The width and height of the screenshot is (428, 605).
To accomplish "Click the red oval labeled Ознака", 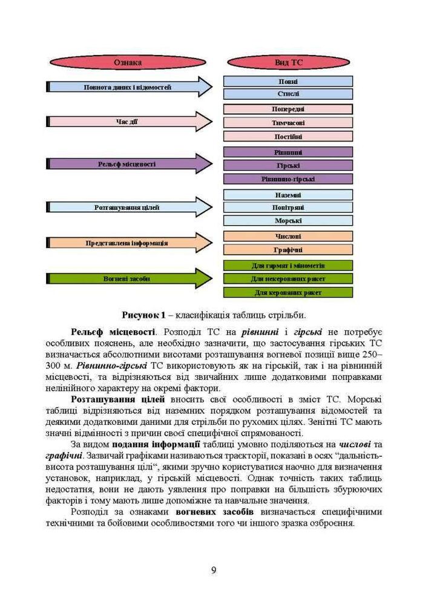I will click(x=128, y=62).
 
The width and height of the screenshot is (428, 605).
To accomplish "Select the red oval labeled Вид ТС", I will click(x=288, y=62).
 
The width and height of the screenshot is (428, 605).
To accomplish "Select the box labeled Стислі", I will click(x=288, y=94).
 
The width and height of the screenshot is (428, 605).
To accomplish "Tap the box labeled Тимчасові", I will click(x=288, y=122).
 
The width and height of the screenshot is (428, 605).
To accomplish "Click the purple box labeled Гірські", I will click(x=288, y=165).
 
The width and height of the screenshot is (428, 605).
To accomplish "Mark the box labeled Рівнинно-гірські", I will click(x=288, y=179).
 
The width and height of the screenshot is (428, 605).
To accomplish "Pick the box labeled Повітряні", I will click(x=288, y=208).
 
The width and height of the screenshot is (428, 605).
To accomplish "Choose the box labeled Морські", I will click(x=288, y=221).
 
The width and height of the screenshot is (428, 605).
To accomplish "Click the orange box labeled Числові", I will click(x=288, y=236).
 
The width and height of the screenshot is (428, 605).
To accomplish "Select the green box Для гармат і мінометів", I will click(x=288, y=265).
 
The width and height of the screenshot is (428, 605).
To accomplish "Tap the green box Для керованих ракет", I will click(x=288, y=292).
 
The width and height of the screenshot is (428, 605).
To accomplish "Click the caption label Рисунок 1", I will click(x=143, y=315).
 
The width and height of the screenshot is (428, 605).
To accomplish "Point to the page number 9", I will click(x=214, y=569).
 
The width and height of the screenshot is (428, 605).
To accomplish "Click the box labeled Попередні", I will click(x=288, y=109).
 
